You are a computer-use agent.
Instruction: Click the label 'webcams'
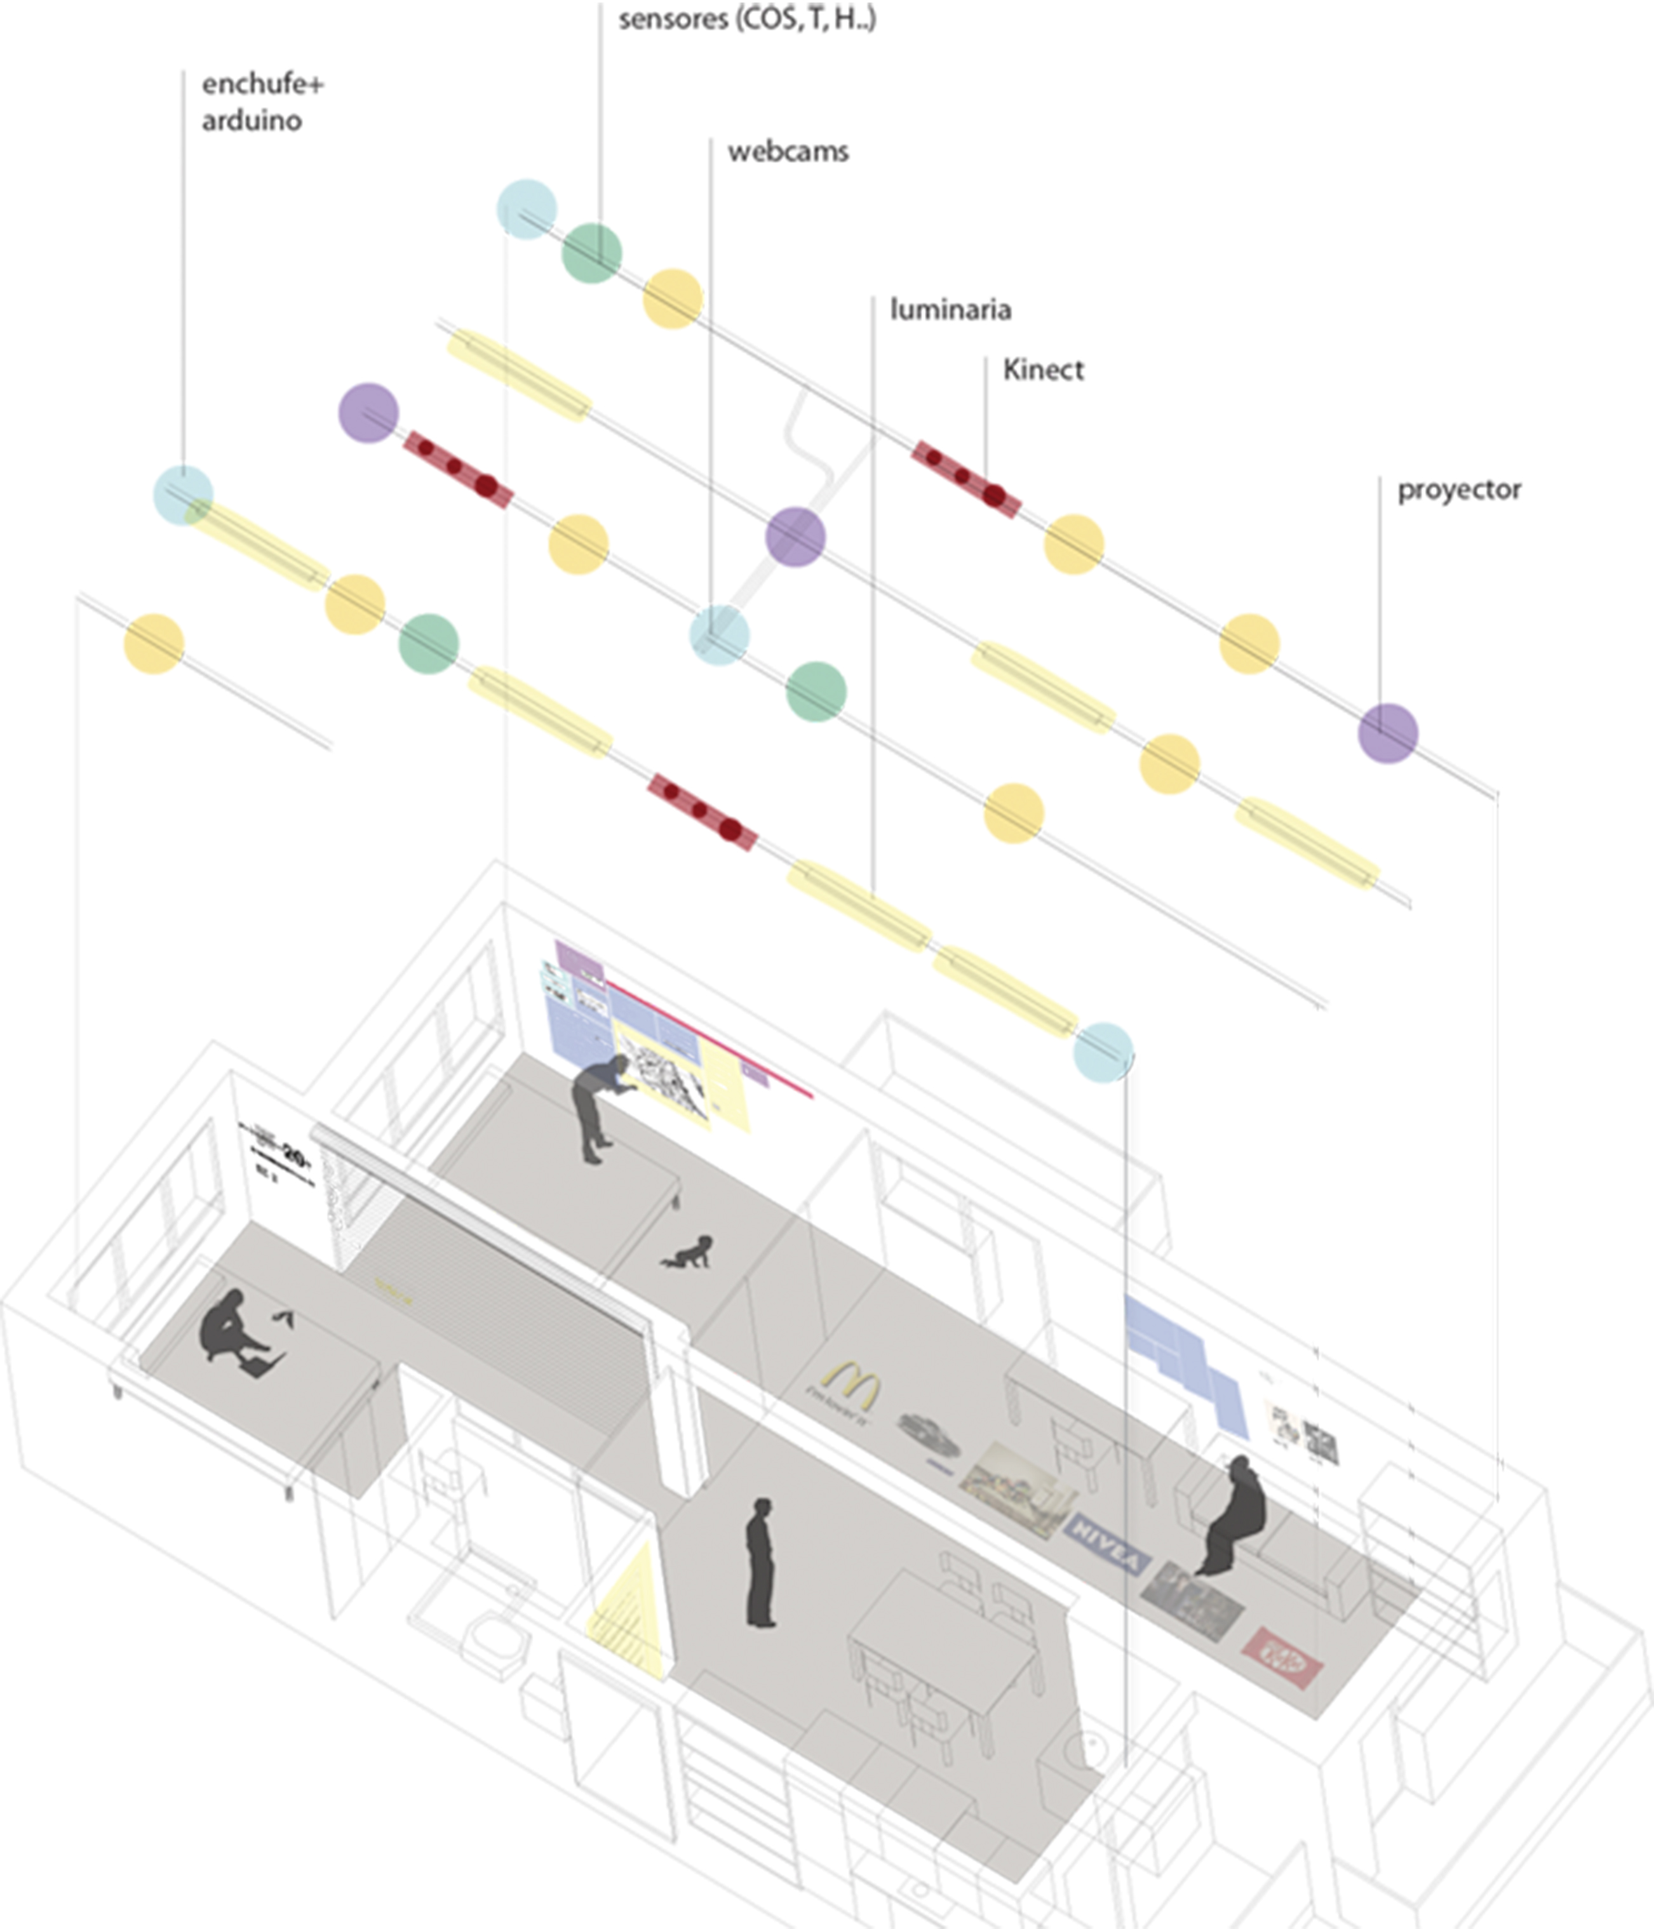(x=788, y=152)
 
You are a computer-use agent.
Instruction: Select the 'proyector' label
(x=1458, y=490)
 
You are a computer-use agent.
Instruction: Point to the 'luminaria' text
(x=950, y=309)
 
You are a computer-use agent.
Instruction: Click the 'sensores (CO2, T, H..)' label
(x=747, y=18)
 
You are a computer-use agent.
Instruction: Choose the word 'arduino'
(x=252, y=121)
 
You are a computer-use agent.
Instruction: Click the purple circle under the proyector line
(x=1388, y=733)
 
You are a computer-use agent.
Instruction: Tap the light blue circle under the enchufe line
(x=184, y=495)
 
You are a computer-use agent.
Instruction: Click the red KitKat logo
(x=1283, y=1656)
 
